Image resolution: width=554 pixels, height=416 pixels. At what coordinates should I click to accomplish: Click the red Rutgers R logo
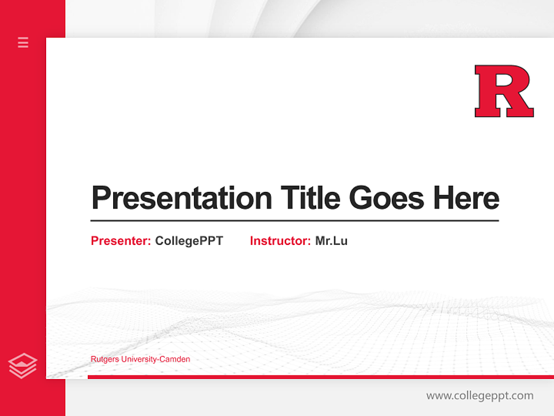[504, 91]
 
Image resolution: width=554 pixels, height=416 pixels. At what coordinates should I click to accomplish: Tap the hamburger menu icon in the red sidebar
[23, 42]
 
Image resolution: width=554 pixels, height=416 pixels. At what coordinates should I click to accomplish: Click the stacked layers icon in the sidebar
[23, 366]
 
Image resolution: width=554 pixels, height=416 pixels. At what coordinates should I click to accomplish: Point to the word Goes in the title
[387, 198]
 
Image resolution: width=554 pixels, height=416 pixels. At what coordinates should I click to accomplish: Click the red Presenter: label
[121, 241]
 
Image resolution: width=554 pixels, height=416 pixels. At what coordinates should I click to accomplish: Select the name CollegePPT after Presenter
[189, 241]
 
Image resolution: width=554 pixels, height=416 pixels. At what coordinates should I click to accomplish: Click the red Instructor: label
[280, 241]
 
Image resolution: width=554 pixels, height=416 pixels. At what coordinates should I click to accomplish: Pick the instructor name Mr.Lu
[331, 241]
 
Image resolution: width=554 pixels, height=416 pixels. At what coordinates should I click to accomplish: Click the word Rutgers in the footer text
[104, 359]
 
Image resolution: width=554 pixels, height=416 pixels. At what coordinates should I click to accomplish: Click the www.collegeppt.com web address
[480, 396]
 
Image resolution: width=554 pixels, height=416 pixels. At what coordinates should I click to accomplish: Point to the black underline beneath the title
[294, 220]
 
